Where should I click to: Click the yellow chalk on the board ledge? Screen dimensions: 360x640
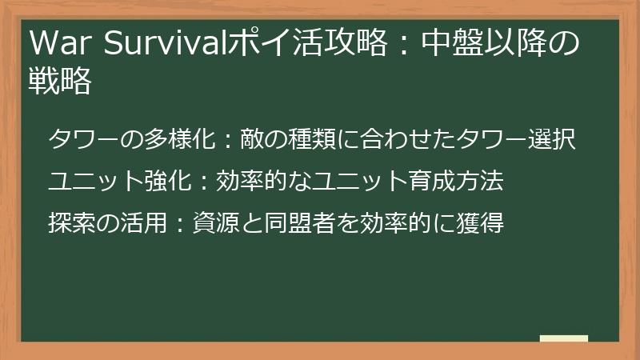coord(564,338)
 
